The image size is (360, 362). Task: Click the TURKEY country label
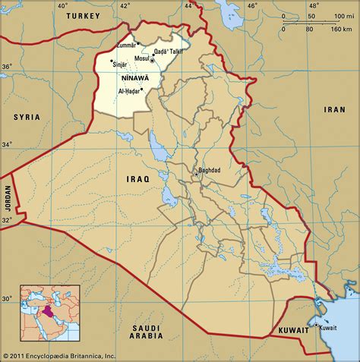(x=83, y=15)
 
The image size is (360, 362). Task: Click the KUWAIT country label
(x=293, y=331)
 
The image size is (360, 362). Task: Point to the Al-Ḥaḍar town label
(x=129, y=91)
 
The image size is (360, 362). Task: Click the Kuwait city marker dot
(x=316, y=325)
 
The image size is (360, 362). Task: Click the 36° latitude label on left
(x=7, y=67)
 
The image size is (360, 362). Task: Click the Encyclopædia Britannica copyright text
(x=59, y=355)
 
